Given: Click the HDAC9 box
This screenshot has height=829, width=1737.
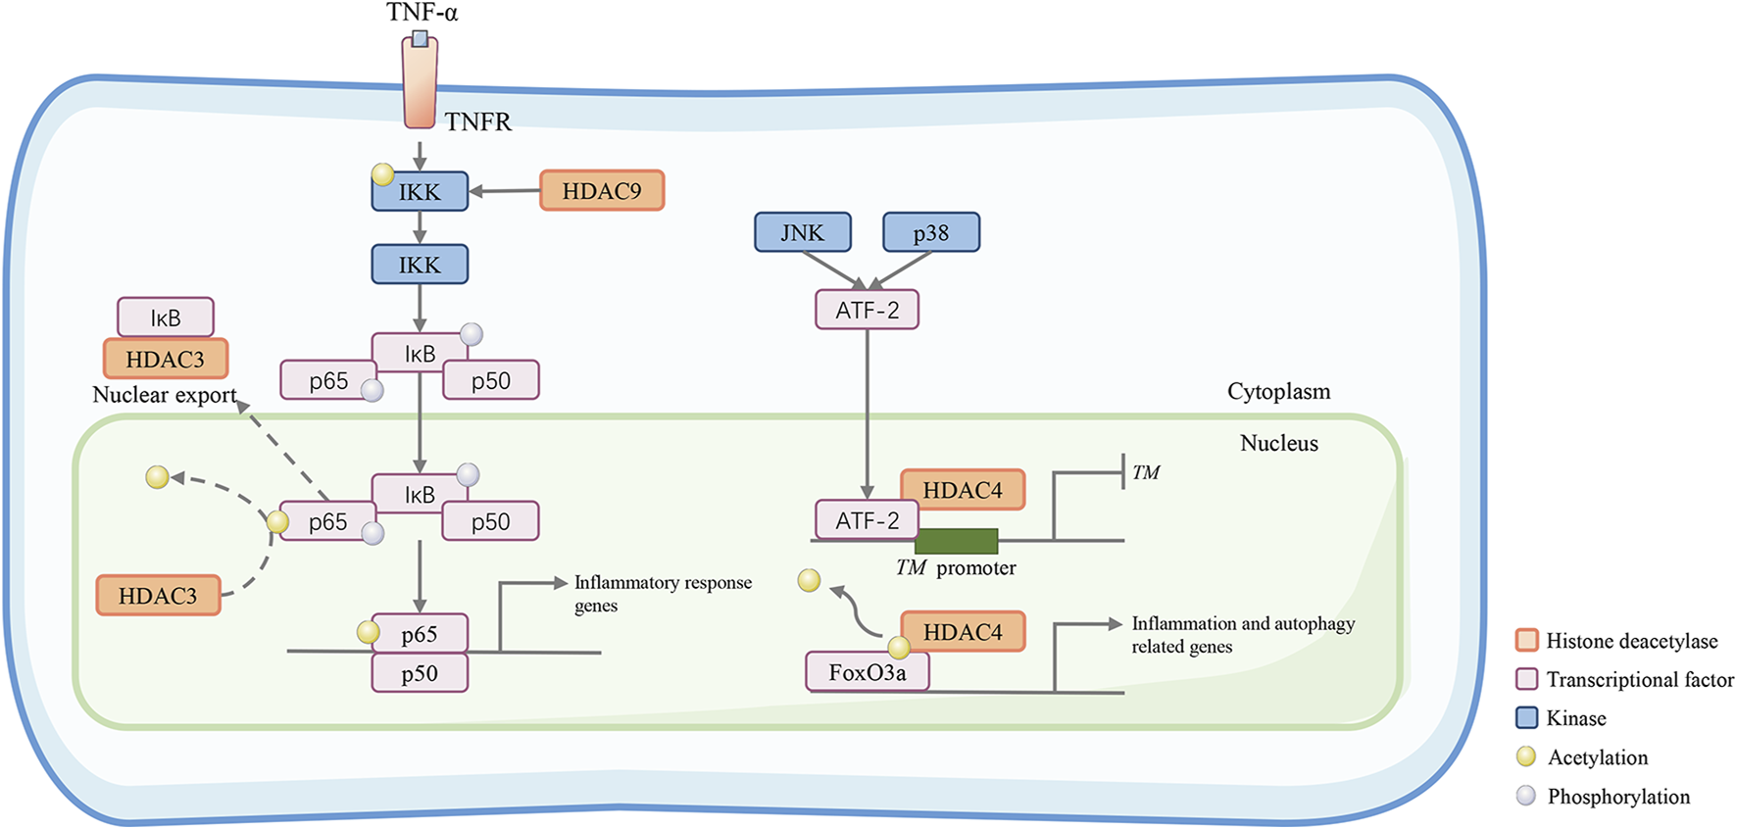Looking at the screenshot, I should coord(602,190).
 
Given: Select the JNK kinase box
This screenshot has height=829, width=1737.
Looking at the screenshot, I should coord(803,232).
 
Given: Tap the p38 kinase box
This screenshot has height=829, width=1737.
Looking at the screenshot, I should coord(930,232).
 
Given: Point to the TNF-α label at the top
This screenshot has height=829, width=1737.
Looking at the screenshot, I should coord(422,13).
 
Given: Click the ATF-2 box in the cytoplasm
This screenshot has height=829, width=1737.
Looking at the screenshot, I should coord(867,310).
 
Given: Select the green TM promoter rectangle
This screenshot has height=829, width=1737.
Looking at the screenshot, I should coord(956,541).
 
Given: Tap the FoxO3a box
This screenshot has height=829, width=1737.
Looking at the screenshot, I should coord(867,672).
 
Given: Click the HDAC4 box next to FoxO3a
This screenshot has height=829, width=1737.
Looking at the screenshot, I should coord(963,632).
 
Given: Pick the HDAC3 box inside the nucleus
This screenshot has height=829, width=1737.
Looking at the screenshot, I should coord(158,596).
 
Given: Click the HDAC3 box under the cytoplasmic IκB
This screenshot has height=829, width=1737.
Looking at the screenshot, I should coord(165,359).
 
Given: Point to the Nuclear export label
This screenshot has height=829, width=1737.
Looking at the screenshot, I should coord(165,395).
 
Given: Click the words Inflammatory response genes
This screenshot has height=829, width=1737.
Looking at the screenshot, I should coord(663,593).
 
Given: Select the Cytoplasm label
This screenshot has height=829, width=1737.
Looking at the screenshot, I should coord(1278,391).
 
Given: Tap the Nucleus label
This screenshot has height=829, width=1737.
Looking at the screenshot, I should coord(1278,443).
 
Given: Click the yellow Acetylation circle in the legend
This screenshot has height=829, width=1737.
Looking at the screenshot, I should coord(1525,756).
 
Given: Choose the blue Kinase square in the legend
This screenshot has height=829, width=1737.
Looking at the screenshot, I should coord(1526,717).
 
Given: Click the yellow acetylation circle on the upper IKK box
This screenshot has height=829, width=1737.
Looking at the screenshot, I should coord(382,174).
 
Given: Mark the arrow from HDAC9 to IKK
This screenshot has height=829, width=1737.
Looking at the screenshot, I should coord(505,191).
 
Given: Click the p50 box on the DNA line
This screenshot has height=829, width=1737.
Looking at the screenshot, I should coord(420,673).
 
